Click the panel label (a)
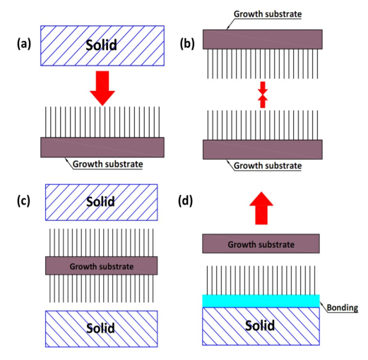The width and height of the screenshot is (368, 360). [x=24, y=44]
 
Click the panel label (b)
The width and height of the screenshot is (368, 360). [x=187, y=44]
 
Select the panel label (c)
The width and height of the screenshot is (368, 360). [x=23, y=201]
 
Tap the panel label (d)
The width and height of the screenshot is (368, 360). [x=186, y=201]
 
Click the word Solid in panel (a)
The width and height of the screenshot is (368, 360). [x=101, y=45]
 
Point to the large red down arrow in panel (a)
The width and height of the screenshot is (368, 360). [x=102, y=88]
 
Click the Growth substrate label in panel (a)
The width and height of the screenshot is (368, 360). [x=108, y=164]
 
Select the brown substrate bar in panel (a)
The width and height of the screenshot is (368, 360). [x=102, y=148]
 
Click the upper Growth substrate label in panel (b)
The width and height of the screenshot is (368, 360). [x=268, y=14]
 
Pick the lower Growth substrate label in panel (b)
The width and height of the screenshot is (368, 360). [x=268, y=166]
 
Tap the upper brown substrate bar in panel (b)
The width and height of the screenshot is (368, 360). [x=263, y=40]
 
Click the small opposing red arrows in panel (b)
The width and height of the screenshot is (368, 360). [x=263, y=95]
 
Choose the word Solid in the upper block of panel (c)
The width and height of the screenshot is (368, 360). [x=100, y=202]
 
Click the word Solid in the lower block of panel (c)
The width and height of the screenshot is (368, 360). [x=100, y=328]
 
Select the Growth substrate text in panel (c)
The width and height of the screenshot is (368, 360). [x=102, y=266]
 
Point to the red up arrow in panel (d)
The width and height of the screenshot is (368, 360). [x=261, y=208]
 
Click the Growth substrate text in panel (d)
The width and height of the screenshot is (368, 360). [x=261, y=244]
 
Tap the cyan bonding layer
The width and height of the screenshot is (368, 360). [x=261, y=301]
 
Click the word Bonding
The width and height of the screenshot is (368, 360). [x=343, y=308]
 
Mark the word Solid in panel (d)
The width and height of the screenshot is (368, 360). [x=260, y=325]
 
